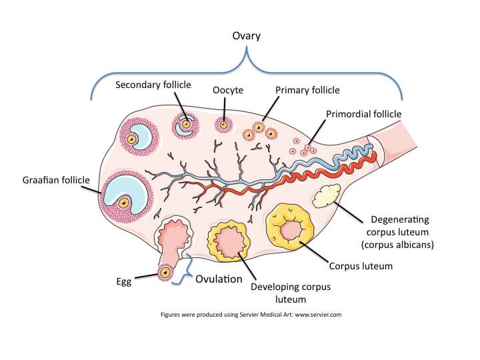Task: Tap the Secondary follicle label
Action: [153, 85]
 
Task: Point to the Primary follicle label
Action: [307, 90]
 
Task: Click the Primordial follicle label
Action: [363, 114]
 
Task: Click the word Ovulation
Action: [218, 279]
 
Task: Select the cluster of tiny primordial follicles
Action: [303, 147]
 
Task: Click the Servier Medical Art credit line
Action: [251, 313]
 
